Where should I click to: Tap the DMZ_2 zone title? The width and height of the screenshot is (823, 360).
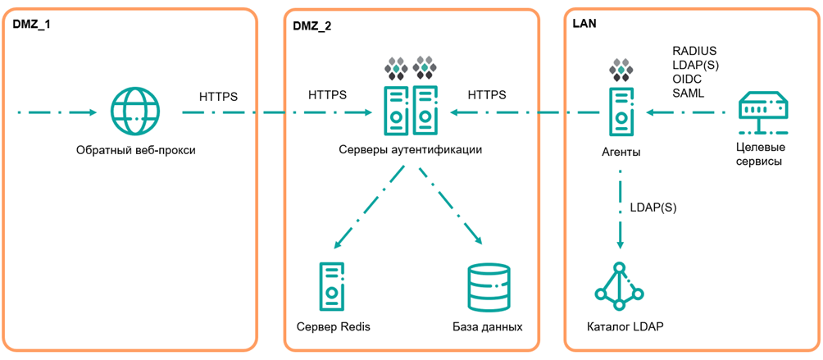coord(312,25)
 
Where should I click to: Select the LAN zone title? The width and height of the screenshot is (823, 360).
coord(584,24)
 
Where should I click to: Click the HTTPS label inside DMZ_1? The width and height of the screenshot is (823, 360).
coord(218,97)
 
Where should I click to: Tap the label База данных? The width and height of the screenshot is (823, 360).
coord(487,326)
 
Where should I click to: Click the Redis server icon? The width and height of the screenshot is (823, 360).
coord(332,285)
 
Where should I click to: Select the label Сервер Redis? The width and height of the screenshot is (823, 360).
coord(333,326)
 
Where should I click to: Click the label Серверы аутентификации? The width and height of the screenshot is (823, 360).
coord(410,150)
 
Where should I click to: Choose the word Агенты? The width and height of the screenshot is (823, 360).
coord(621,152)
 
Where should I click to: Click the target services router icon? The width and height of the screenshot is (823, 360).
coord(762,112)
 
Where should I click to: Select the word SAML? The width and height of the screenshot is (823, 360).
coord(688,93)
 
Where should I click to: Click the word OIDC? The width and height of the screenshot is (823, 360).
coord(687,80)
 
